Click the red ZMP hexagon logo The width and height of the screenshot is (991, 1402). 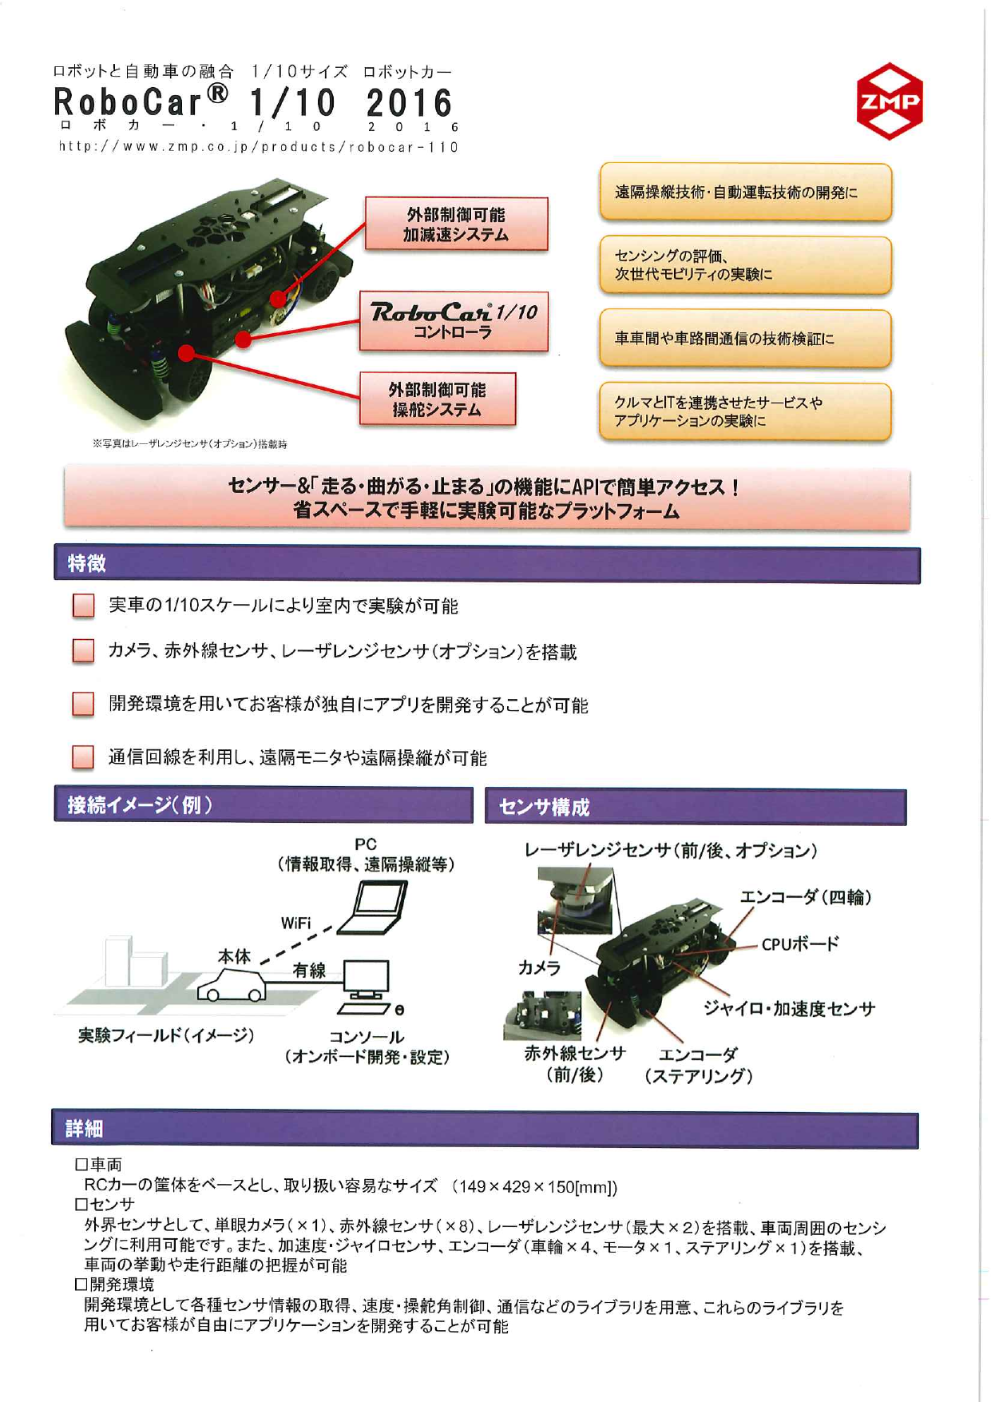(889, 102)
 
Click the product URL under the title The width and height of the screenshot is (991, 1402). (257, 147)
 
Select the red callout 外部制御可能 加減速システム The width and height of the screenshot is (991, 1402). (456, 224)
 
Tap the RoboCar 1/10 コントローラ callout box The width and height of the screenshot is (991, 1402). (454, 321)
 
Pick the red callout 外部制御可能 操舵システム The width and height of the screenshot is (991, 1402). (437, 399)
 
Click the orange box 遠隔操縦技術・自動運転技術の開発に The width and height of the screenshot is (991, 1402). (744, 193)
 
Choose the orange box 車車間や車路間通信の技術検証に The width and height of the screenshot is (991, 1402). (744, 339)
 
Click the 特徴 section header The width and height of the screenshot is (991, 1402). (87, 564)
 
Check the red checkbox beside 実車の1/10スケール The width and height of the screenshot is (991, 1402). (83, 606)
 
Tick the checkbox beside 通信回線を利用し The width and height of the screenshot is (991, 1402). (83, 757)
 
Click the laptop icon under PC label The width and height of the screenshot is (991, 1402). (374, 908)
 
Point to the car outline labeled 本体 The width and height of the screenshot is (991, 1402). (232, 986)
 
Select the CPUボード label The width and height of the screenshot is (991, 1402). (799, 944)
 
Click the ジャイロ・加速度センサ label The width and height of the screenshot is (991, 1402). (789, 1008)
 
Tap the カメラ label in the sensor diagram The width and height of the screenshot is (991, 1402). (539, 967)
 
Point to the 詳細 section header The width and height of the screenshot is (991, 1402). (85, 1129)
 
